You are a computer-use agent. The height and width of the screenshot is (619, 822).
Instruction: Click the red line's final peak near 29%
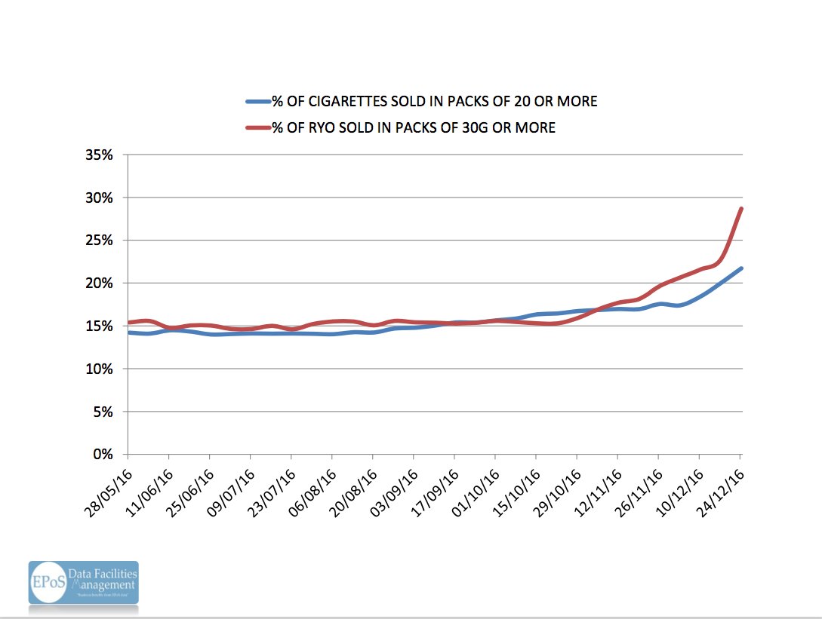742,209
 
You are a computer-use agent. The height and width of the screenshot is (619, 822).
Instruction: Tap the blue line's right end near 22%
742,268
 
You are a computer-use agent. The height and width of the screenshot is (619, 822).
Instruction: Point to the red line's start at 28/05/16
130,323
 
